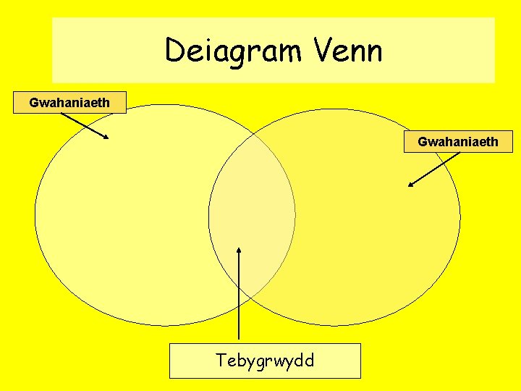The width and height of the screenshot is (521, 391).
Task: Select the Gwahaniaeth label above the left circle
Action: point(69,103)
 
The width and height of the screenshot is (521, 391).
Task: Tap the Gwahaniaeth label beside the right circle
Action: point(458,141)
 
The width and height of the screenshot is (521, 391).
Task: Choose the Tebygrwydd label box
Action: point(265,361)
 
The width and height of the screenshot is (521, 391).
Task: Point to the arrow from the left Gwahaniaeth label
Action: point(85,126)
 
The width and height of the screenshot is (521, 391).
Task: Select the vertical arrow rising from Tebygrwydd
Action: point(239,297)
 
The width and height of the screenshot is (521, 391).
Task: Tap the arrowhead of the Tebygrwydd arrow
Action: point(239,250)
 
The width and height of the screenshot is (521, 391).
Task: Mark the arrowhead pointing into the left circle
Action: point(106,136)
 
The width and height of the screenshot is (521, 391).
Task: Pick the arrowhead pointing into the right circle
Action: point(411,184)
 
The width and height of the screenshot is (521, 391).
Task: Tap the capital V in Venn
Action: point(323,51)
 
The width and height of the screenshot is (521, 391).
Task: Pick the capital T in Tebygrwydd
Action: point(222,360)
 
